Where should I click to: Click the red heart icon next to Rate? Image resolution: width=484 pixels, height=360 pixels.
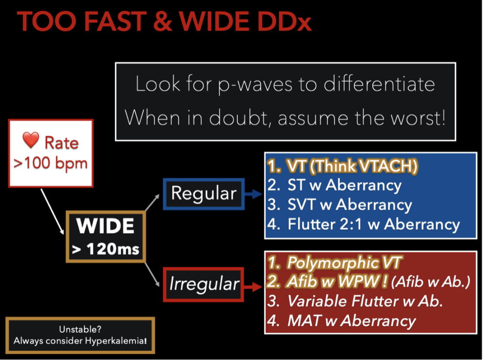tap(31, 142)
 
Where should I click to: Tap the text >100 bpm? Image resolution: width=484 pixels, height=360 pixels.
tap(51, 164)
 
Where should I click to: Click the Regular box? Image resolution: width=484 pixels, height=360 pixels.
tap(204, 193)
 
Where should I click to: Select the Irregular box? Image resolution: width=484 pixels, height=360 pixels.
tap(204, 284)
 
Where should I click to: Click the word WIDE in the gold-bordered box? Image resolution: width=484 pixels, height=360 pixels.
tap(105, 226)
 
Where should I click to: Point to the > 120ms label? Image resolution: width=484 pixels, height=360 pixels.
tap(105, 248)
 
